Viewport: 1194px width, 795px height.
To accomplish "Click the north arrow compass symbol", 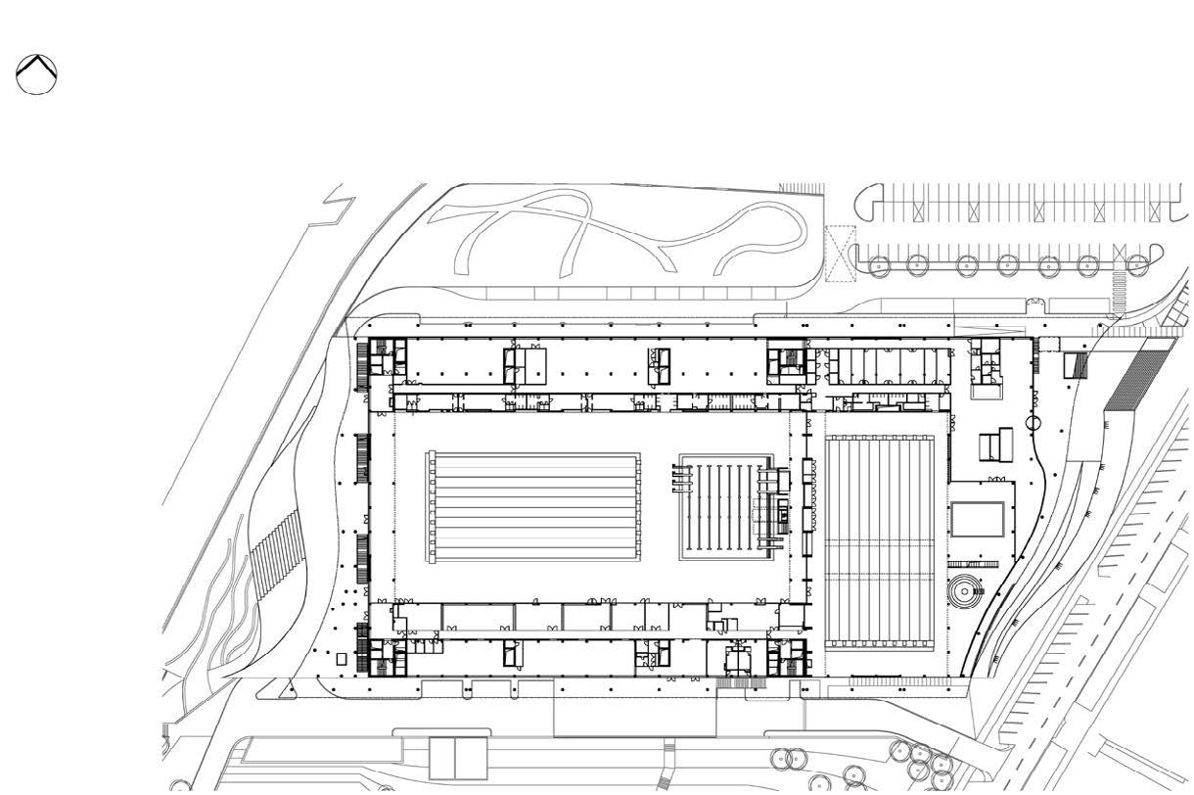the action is (x=36, y=74).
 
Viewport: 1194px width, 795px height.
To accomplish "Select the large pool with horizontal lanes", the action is (x=533, y=507).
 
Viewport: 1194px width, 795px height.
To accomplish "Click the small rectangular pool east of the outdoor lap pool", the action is (x=978, y=519).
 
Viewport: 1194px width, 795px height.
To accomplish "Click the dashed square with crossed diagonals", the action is (x=840, y=254).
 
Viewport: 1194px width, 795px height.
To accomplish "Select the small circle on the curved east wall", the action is (x=1033, y=423).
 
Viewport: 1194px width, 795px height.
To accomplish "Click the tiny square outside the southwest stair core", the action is (x=342, y=659).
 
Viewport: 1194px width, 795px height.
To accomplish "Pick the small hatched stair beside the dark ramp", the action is (x=1076, y=365).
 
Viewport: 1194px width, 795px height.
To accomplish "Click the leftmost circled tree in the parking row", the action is (x=878, y=264).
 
